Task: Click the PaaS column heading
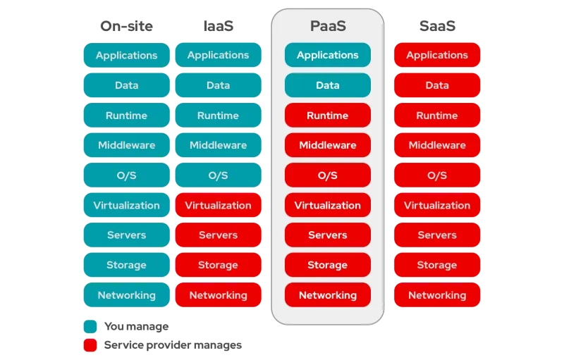point(328,26)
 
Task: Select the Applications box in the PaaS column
point(328,55)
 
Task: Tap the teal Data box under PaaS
point(328,85)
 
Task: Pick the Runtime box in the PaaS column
point(328,116)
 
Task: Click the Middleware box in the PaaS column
point(328,145)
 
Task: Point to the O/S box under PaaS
point(328,175)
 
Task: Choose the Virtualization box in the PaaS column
point(328,205)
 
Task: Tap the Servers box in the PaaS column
point(328,235)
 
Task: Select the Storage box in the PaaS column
point(328,265)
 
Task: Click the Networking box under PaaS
point(328,295)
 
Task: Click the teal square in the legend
point(90,327)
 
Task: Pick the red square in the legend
point(90,345)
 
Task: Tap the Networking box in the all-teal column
point(127,295)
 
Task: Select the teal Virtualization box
point(127,205)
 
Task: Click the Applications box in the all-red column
point(437,55)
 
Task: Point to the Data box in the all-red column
point(437,85)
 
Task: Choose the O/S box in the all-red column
point(437,175)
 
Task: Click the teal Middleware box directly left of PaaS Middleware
point(218,145)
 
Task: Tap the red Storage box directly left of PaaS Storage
point(218,265)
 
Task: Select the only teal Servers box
point(127,235)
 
